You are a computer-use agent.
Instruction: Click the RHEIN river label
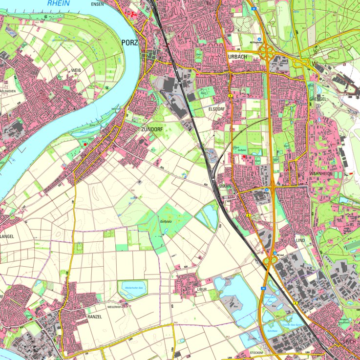click(x=58, y=3)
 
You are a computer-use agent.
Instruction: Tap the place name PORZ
click(x=130, y=42)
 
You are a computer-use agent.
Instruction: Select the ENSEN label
click(x=98, y=4)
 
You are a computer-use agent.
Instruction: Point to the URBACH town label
click(x=237, y=57)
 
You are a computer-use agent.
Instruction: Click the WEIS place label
click(x=77, y=70)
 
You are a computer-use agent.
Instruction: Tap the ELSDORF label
click(x=215, y=109)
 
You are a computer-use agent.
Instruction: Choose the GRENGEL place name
click(x=318, y=99)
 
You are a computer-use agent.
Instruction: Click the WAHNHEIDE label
click(x=321, y=173)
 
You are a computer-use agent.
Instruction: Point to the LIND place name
click(x=300, y=241)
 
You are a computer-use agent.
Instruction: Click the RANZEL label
click(x=94, y=317)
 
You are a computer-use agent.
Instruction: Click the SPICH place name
click(x=349, y=342)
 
